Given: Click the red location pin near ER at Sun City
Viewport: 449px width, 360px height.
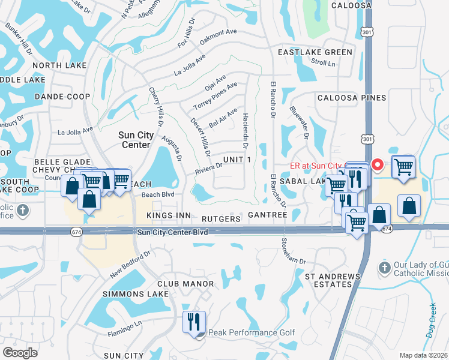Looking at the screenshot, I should [x=378, y=164].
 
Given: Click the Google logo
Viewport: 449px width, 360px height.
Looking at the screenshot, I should [x=20, y=353].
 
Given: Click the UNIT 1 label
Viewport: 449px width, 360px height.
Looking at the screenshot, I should [x=237, y=158].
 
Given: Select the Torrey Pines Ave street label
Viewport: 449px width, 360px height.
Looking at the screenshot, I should [x=215, y=96].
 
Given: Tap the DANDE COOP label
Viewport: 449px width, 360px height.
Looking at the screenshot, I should [x=62, y=97].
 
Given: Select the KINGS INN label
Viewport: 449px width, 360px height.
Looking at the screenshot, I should [x=169, y=215].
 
